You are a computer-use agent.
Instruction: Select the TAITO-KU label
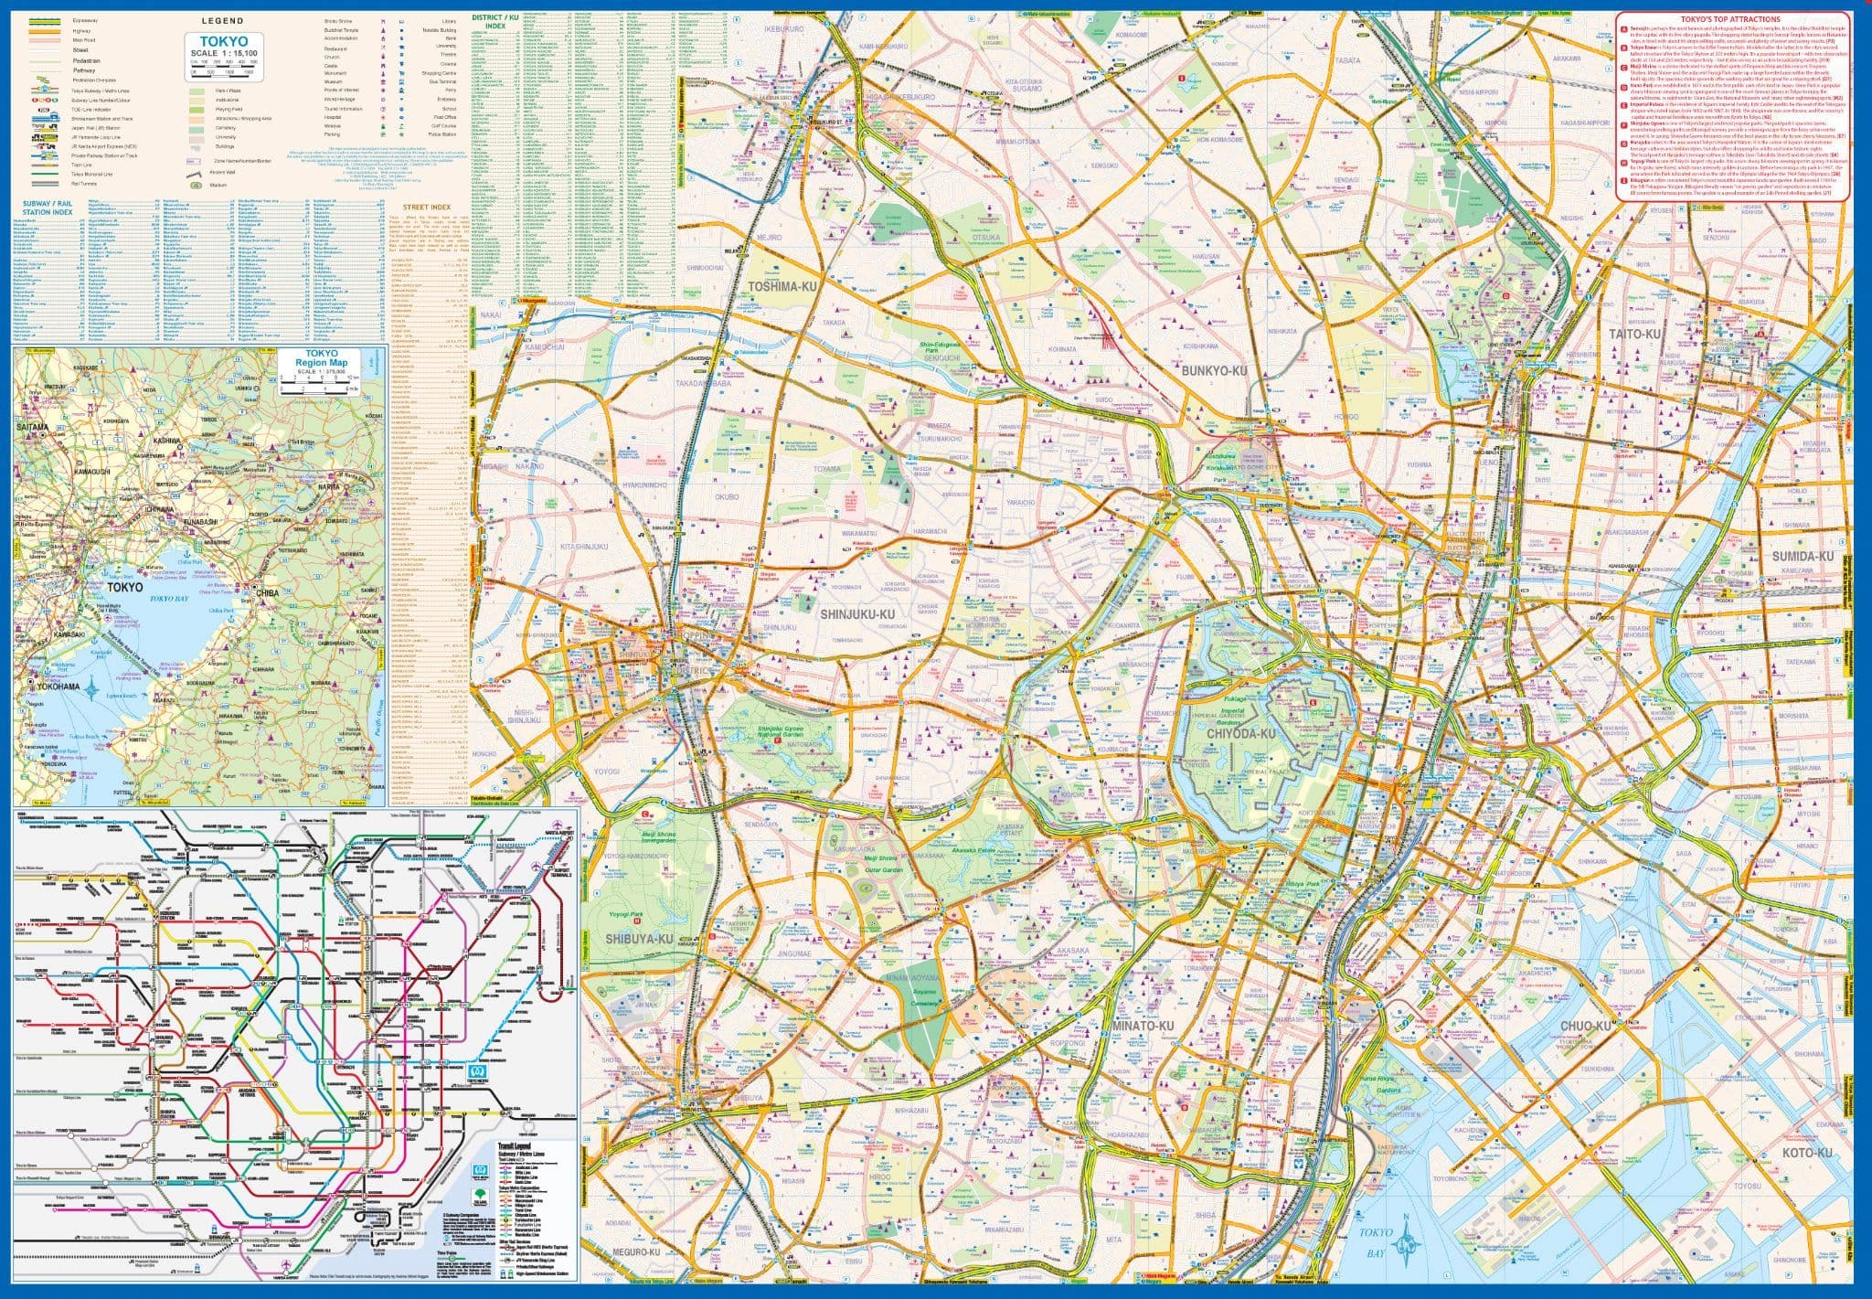[1633, 335]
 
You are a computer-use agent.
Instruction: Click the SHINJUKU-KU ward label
[856, 613]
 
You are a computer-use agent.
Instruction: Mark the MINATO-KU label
[1143, 1027]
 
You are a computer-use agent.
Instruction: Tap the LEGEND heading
[222, 20]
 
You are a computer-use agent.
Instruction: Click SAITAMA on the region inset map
[34, 426]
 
